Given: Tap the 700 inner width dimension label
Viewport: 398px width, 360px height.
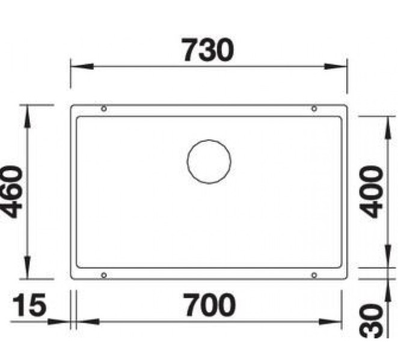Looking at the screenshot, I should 209,306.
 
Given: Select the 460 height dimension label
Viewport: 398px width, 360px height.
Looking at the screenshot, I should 12,192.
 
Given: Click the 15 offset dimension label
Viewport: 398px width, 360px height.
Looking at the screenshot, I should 28,306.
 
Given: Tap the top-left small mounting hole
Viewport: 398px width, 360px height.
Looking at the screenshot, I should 105,109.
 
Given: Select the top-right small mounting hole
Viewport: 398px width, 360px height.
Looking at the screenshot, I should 314,109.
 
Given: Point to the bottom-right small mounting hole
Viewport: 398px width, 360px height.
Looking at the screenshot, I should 314,275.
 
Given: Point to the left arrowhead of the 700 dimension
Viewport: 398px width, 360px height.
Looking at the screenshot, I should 84,321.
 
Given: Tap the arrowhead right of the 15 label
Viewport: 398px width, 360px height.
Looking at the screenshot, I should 63,321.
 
